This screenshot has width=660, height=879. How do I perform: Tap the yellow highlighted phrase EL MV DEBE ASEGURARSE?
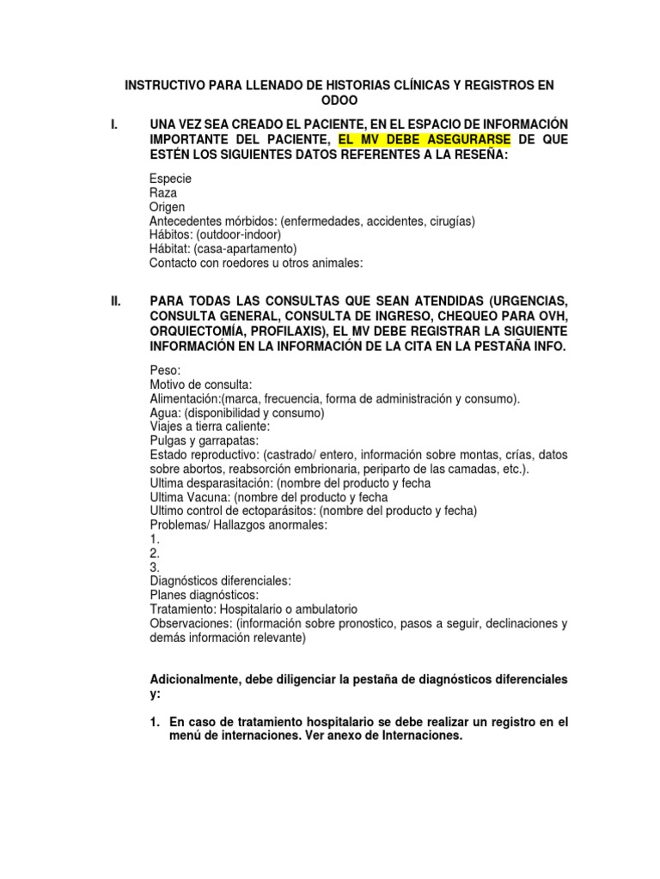(425, 139)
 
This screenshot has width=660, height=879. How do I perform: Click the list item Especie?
(170, 179)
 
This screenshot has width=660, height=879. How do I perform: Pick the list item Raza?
(164, 193)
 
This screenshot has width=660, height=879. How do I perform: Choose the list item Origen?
(167, 207)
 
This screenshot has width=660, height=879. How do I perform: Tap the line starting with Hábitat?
(223, 248)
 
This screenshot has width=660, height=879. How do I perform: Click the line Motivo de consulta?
(201, 385)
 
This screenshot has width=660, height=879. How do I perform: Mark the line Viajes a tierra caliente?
(211, 427)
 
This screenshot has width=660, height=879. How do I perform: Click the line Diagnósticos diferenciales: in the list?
(220, 580)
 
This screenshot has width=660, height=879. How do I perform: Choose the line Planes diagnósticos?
(204, 595)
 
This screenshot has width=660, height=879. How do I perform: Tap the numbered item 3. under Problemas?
(156, 567)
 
